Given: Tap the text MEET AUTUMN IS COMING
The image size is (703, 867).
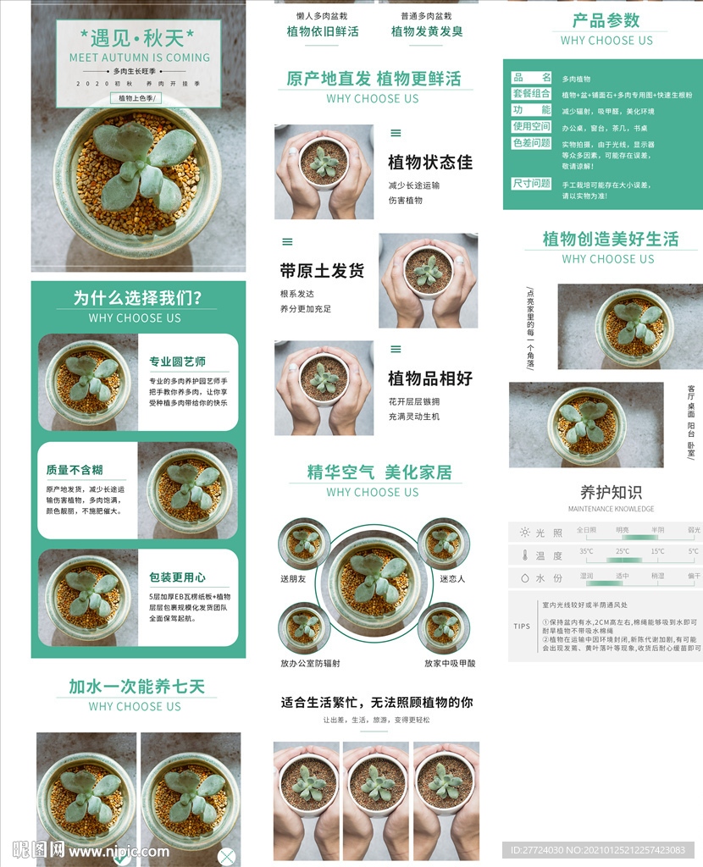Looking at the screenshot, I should pos(139,58).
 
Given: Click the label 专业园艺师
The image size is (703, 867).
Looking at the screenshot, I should pos(178,362).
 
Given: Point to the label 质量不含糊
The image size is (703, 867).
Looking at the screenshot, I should pos(75,470).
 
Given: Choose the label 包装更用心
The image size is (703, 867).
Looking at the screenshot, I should pos(178,577).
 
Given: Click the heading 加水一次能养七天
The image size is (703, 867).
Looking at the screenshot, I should pos(136,686).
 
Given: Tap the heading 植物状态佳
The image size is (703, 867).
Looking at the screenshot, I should pos(429,163).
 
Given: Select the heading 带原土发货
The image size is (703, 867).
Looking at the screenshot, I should pos(322,271).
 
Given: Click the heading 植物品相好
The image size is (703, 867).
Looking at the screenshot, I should pos(429,378).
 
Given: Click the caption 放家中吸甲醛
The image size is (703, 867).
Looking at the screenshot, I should pos(450,664).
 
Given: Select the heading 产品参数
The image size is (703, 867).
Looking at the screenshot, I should pos(606,20).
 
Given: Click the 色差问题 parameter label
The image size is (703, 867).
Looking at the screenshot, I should pos(532,143).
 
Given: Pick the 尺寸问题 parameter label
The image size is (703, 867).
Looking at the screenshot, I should pos(532,183).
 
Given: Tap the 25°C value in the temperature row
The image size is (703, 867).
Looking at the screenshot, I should pos(623,551).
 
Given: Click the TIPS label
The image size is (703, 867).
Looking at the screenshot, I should pos(523,627).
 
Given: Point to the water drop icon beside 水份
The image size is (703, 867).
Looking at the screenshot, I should pos(525,577).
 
